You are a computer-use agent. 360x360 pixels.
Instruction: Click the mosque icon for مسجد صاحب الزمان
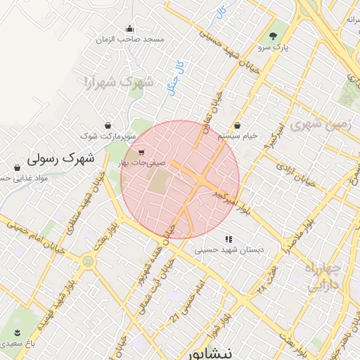point(129,29)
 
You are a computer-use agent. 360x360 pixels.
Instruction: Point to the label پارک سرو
point(273,48)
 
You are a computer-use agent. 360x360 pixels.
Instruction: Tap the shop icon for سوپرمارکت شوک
point(107,124)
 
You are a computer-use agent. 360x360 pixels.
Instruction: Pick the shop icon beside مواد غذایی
point(17,167)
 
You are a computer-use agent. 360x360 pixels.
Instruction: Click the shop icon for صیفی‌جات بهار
point(143,151)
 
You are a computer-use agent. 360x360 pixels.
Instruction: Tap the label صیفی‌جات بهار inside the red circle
point(143,162)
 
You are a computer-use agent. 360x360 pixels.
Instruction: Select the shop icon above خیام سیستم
point(237,124)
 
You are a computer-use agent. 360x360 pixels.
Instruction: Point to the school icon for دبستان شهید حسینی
point(228,239)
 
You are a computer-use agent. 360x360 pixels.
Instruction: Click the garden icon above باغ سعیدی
point(16,332)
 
